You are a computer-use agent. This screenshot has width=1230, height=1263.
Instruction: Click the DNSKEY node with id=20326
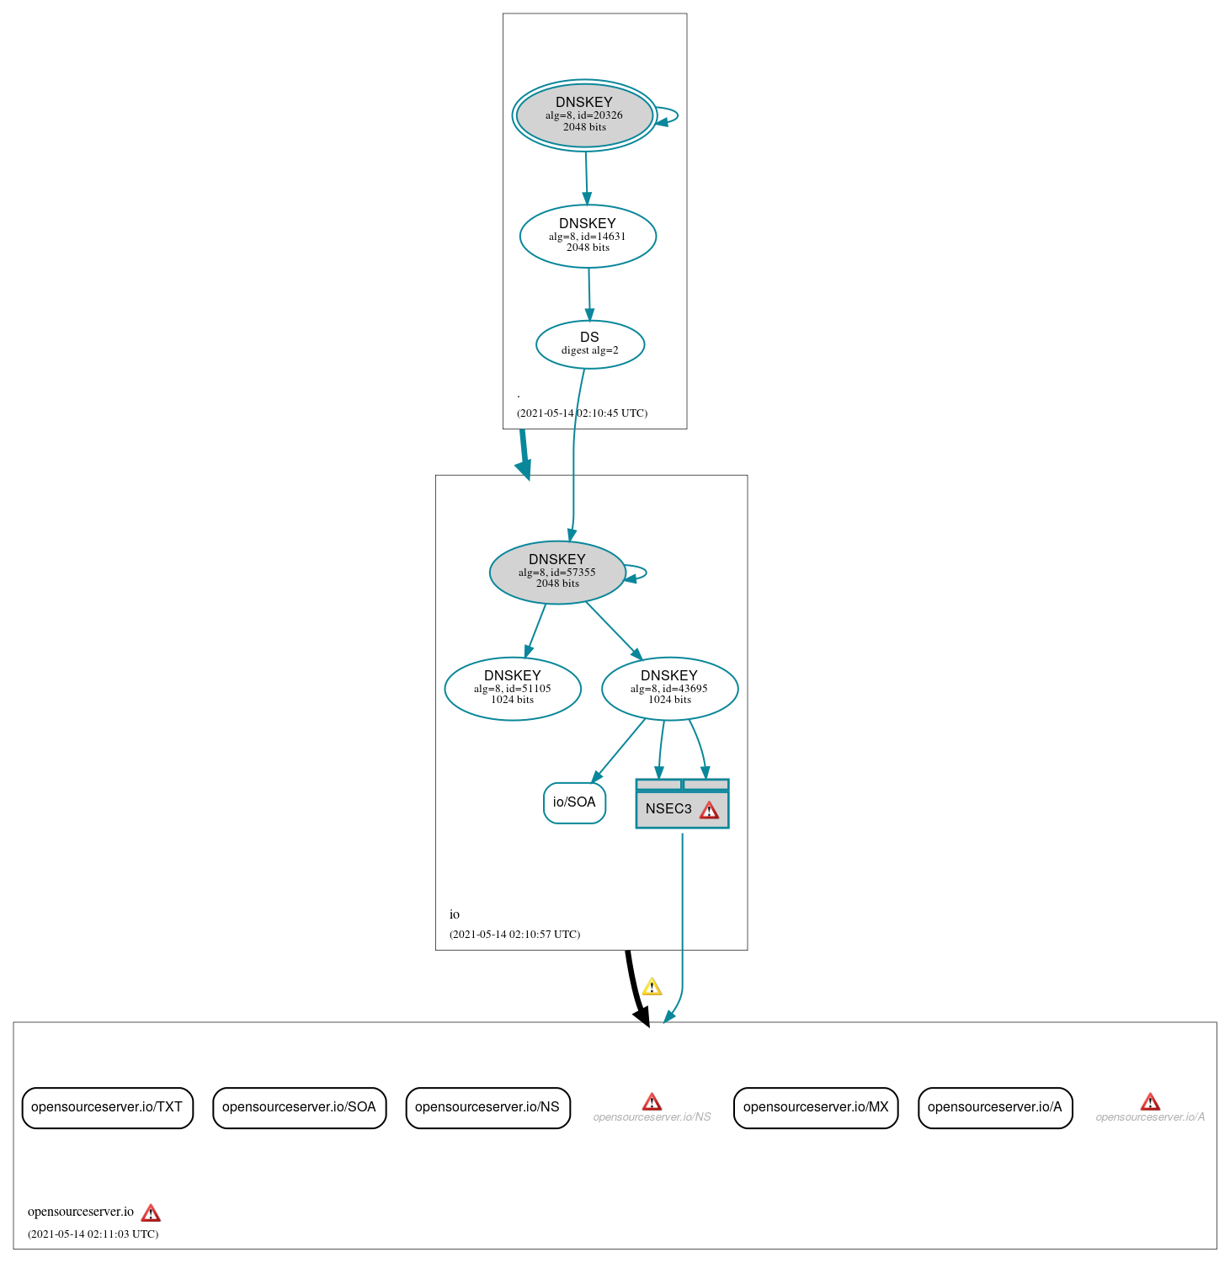584,115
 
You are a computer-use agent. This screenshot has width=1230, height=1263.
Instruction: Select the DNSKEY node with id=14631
588,236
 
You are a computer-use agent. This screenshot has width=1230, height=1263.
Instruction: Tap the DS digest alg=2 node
589,344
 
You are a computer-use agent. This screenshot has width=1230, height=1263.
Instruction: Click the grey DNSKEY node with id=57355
556,572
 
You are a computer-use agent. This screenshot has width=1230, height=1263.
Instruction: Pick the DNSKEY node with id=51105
512,688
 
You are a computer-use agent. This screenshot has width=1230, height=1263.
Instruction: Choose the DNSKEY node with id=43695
669,688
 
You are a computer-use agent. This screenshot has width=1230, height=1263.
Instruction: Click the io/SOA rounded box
574,802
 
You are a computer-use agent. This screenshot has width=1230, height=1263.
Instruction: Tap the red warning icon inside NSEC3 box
710,810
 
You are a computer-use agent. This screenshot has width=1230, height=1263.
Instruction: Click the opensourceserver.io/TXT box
107,1107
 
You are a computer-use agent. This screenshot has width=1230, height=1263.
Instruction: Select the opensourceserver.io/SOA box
299,1107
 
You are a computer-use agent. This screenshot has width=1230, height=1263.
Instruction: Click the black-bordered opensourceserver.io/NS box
487,1107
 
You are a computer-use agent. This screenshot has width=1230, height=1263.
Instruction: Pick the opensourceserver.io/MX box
816,1107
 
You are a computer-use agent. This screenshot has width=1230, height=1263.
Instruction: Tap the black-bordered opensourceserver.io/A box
994,1107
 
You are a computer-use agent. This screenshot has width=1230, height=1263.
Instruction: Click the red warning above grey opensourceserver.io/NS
652,1101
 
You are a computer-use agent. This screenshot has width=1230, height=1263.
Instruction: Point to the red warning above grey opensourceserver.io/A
1150,1101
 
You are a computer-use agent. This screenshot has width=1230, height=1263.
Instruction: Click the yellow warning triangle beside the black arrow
652,987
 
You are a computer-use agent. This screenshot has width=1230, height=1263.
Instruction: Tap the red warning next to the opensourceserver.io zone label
151,1212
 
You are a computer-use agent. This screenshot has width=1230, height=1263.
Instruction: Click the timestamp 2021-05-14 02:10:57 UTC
514,935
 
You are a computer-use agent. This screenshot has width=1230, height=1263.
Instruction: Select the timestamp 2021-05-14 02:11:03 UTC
93,1234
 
